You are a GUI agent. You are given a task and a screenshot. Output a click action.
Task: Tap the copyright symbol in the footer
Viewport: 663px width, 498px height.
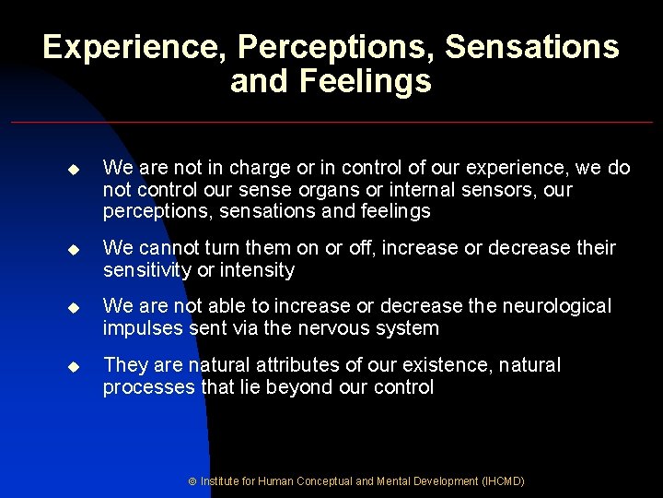[x=193, y=481]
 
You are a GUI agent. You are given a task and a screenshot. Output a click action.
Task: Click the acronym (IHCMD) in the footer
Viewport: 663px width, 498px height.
[x=503, y=481]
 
